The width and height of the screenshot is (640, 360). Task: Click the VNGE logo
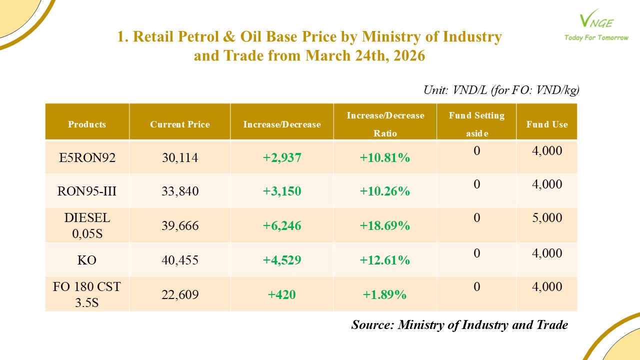(x=595, y=20)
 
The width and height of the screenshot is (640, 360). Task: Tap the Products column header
(x=87, y=124)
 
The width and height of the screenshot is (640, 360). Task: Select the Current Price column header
(x=180, y=124)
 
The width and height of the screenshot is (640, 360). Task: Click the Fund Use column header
(x=547, y=124)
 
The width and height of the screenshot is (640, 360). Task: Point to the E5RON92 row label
(x=87, y=158)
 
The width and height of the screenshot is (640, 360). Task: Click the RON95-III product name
(x=87, y=191)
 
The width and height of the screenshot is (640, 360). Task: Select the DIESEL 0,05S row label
(x=87, y=225)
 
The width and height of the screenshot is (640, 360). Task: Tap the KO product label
(x=87, y=260)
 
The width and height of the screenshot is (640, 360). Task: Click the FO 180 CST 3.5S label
(x=87, y=294)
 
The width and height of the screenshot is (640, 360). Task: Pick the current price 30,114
(x=180, y=158)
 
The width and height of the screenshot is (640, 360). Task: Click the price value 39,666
(x=180, y=225)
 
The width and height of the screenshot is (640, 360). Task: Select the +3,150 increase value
(x=282, y=191)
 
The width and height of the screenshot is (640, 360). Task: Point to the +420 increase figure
(x=282, y=294)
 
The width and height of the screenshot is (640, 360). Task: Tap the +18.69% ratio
(x=385, y=225)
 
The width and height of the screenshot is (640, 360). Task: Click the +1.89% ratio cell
(x=385, y=294)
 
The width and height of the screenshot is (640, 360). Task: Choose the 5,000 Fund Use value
(x=547, y=218)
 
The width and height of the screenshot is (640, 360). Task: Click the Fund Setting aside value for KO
(x=476, y=253)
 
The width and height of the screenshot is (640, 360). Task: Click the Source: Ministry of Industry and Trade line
(x=459, y=325)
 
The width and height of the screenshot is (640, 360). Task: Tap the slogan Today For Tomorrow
(x=596, y=37)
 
